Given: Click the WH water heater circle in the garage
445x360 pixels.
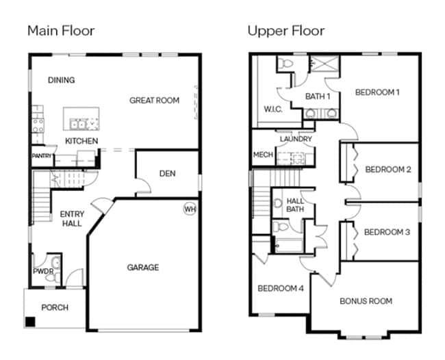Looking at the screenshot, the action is [190, 209].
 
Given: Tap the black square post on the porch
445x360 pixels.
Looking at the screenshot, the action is [30, 322].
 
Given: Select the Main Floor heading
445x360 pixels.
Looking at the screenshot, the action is [61, 31].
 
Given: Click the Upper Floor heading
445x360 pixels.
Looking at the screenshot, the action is [286, 31].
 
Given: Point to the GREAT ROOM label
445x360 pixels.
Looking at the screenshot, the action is [155, 100].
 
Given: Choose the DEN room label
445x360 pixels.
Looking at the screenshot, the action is [168, 173].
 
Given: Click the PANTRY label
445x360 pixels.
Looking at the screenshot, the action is [42, 156].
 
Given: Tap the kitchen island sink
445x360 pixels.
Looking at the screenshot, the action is [78, 125].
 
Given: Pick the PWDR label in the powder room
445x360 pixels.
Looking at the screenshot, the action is [43, 271].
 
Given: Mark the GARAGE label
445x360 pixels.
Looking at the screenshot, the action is [143, 267].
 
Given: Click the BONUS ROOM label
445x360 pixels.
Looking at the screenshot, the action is [366, 301].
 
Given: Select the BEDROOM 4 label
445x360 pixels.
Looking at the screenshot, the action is [281, 289].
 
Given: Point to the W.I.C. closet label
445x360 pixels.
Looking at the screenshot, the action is [273, 110].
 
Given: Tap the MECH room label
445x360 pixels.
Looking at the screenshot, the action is [263, 155].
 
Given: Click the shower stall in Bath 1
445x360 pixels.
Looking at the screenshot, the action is [325, 63].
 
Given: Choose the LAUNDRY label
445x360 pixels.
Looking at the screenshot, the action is [296, 139].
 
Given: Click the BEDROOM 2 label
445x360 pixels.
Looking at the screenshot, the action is [388, 170].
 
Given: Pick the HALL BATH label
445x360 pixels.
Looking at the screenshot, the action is [295, 205].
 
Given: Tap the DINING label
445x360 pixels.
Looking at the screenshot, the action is [62, 80].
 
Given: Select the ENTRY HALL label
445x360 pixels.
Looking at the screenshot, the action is [72, 219].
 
